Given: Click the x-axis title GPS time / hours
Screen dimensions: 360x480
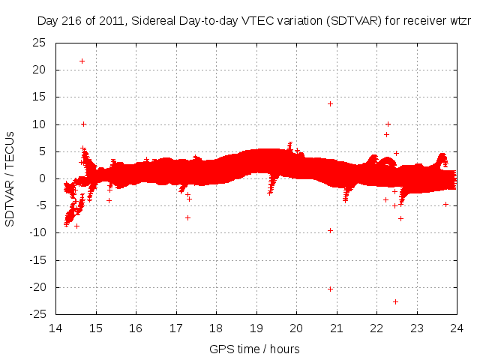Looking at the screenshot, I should pyautogui.click(x=256, y=349).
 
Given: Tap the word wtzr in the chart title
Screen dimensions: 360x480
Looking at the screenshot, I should pyautogui.click(x=456, y=21).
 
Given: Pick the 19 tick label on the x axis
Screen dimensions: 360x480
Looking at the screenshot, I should pyautogui.click(x=256, y=328).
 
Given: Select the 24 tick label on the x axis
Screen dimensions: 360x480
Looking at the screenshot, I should pyautogui.click(x=457, y=328).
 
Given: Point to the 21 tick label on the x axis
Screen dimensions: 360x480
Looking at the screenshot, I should pyautogui.click(x=337, y=328).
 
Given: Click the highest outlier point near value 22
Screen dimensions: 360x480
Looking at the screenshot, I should pyautogui.click(x=82, y=61).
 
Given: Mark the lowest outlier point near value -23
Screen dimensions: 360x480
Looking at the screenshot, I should pyautogui.click(x=395, y=301).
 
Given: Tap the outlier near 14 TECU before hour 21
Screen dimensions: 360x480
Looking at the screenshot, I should pyautogui.click(x=330, y=103).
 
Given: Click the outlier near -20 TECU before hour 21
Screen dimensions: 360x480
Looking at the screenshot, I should pyautogui.click(x=330, y=289).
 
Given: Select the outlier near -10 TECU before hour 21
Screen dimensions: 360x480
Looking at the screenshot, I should pyautogui.click(x=330, y=230).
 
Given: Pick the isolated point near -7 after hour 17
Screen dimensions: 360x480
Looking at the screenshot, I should pyautogui.click(x=187, y=217).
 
